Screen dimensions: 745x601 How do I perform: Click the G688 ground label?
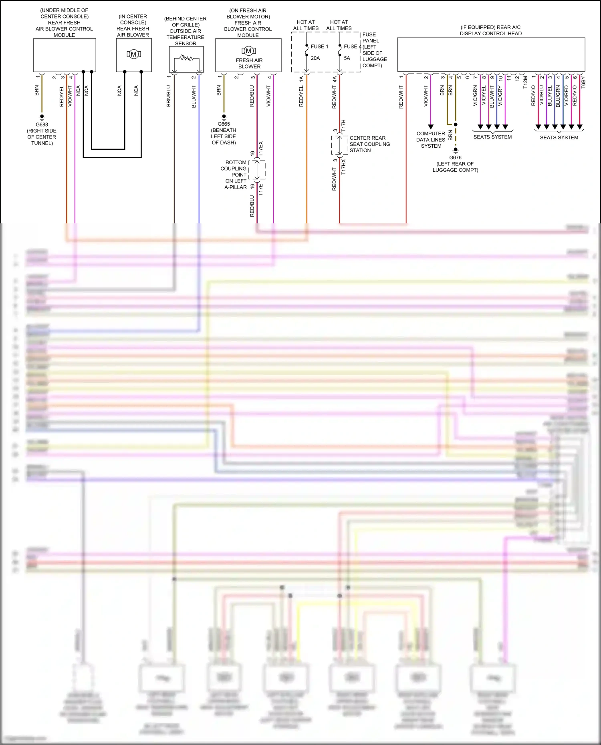pyautogui.click(x=42, y=125)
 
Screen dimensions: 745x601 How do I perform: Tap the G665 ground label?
pyautogui.click(x=224, y=124)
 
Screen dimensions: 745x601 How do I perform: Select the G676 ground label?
pyautogui.click(x=455, y=158)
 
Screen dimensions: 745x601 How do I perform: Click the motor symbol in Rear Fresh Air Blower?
pyautogui.click(x=134, y=54)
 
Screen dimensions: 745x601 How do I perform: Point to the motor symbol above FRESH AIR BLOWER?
pyautogui.click(x=248, y=51)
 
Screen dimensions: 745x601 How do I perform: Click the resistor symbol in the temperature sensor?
pyautogui.click(x=186, y=58)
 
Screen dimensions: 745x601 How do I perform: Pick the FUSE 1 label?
pyautogui.click(x=319, y=46)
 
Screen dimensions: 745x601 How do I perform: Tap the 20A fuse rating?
pyautogui.click(x=315, y=58)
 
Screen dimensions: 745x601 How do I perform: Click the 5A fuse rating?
pyautogui.click(x=347, y=58)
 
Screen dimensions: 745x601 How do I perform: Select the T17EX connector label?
pyautogui.click(x=261, y=149)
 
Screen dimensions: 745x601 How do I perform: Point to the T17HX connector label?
pyautogui.click(x=343, y=167)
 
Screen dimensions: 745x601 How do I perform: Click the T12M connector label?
pyautogui.click(x=525, y=82)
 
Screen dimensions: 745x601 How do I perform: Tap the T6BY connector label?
pyautogui.click(x=583, y=82)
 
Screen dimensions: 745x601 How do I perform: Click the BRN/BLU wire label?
pyautogui.click(x=169, y=96)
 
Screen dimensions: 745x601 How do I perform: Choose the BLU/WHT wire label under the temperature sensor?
pyautogui.click(x=194, y=96)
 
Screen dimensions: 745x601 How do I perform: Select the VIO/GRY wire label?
pyautogui.click(x=500, y=96)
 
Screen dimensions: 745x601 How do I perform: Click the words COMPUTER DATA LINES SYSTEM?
pyautogui.click(x=431, y=140)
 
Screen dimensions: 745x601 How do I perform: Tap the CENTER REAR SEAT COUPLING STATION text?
pyautogui.click(x=369, y=144)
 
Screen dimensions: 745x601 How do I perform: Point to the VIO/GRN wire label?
pyautogui.click(x=475, y=96)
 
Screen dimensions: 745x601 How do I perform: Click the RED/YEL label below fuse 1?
pyautogui.click(x=301, y=96)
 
